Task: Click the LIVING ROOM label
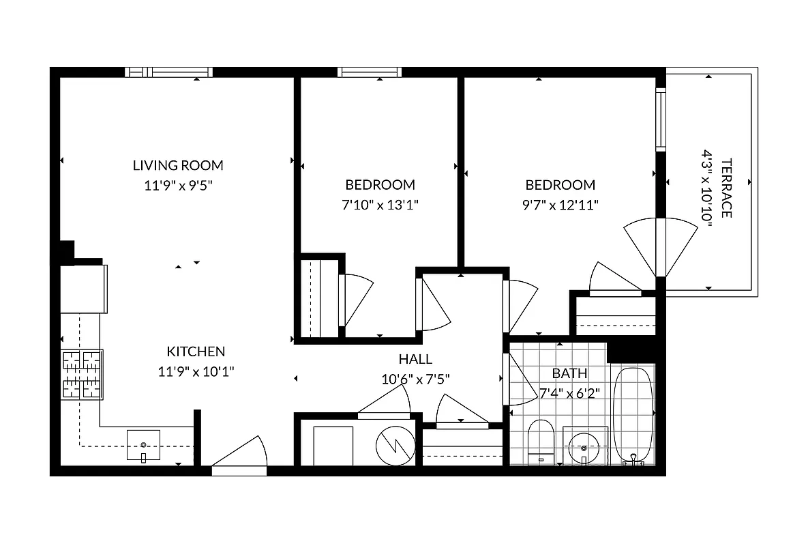click(x=178, y=165)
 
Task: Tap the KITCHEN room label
click(x=196, y=351)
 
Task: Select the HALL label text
click(x=415, y=360)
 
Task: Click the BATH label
click(x=569, y=373)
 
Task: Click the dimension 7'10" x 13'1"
click(x=380, y=204)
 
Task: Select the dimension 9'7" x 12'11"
click(x=560, y=204)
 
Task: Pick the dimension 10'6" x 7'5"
click(x=415, y=379)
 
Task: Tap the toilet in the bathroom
click(x=541, y=440)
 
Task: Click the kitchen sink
click(x=143, y=445)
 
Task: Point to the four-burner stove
click(x=82, y=374)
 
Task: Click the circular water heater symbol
click(x=395, y=445)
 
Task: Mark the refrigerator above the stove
click(x=83, y=288)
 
